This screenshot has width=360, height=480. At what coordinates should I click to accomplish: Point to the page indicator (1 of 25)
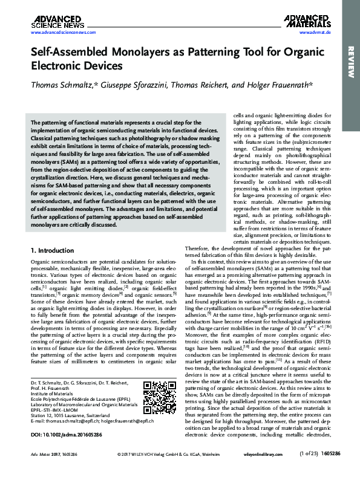(313, 469)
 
